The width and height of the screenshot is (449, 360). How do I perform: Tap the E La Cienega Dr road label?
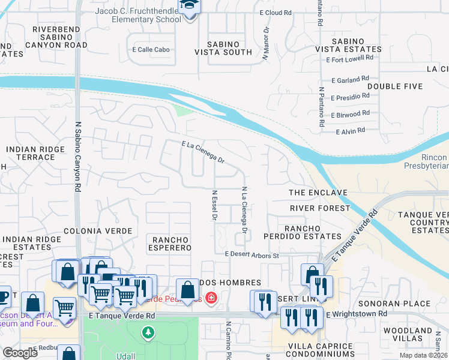tap(203, 152)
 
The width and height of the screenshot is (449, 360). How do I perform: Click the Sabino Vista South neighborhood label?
tap(221, 48)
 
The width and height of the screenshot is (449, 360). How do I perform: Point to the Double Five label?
tap(392, 86)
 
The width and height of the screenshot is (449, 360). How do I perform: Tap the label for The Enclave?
tap(318, 193)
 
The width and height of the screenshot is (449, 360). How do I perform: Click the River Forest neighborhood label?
tap(320, 208)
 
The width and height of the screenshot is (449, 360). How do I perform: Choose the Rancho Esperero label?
tap(169, 244)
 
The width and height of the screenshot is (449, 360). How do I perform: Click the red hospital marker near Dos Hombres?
tap(211, 298)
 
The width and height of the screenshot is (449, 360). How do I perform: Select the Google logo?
tap(20, 353)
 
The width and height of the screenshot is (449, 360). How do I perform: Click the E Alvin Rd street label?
tap(351, 131)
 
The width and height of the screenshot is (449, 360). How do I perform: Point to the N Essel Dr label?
tap(214, 205)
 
